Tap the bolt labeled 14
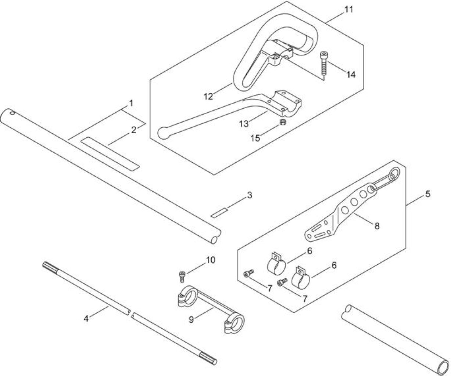coord(323,63)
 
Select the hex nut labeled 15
coord(283,122)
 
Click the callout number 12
coord(208,96)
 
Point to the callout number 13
coord(244,124)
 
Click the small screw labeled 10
coord(182,276)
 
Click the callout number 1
coord(131,104)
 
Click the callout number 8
coord(377,226)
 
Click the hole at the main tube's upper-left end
coord(12,113)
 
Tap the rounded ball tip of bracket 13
coord(164,133)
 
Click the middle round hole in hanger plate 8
coord(354,202)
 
